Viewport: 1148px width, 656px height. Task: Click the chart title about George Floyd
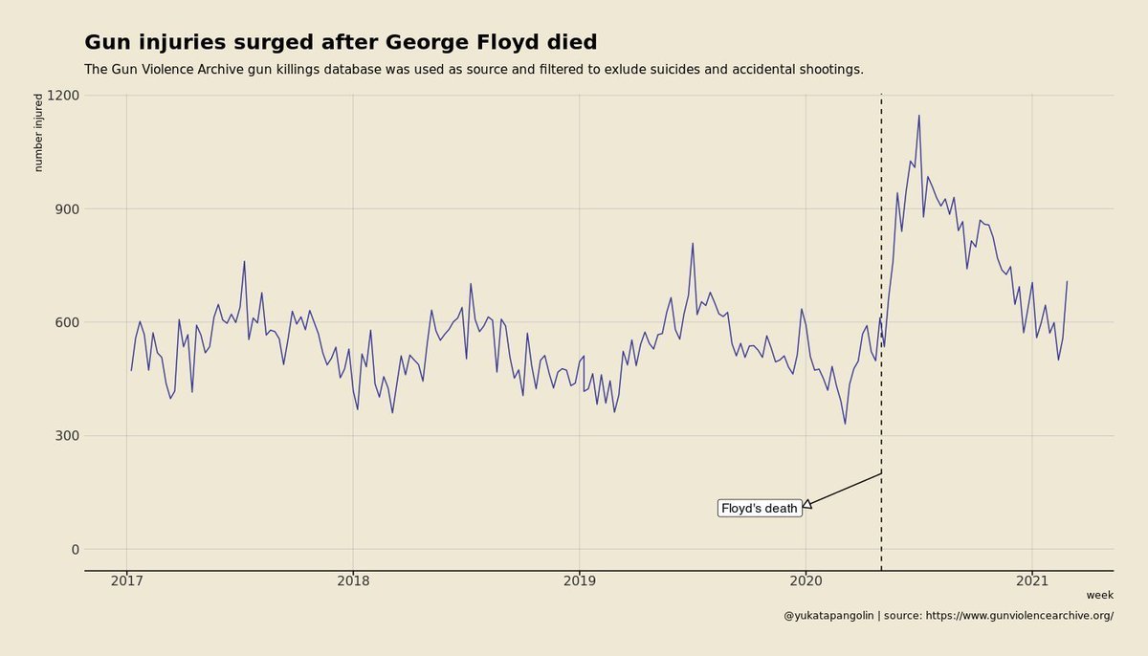click(x=341, y=42)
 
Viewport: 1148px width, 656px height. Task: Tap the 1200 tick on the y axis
click(x=63, y=96)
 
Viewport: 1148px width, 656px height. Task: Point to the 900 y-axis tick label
click(x=67, y=208)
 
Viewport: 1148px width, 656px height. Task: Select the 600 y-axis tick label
click(x=67, y=322)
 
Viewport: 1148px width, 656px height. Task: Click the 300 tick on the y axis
click(x=67, y=436)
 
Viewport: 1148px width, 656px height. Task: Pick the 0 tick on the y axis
click(x=76, y=550)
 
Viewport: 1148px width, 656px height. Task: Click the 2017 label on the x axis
click(x=126, y=581)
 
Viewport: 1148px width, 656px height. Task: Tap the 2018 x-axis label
click(x=353, y=581)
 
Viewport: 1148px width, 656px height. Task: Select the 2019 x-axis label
click(x=580, y=581)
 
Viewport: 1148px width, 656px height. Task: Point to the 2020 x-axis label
click(x=806, y=581)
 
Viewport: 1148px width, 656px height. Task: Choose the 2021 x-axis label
click(x=1032, y=581)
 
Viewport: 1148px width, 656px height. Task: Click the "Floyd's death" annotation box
click(x=760, y=508)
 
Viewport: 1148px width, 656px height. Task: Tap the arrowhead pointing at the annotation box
click(x=807, y=504)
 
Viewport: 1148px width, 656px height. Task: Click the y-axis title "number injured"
click(x=38, y=133)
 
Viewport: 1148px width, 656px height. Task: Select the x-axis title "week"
click(x=1100, y=595)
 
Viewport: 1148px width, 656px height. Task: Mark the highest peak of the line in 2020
click(x=919, y=116)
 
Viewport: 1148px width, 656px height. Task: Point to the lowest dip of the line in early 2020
click(x=845, y=424)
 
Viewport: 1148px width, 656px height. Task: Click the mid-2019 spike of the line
click(x=693, y=244)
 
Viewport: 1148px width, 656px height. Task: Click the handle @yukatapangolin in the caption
click(x=828, y=616)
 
